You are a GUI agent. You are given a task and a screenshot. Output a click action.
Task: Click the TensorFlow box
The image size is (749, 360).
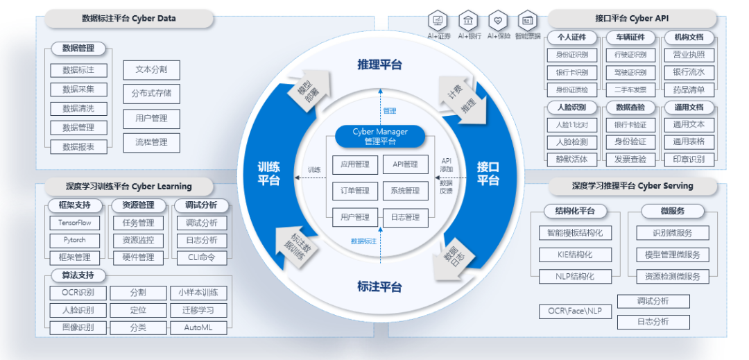[x=74, y=223]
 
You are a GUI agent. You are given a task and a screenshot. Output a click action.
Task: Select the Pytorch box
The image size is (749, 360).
[x=74, y=240]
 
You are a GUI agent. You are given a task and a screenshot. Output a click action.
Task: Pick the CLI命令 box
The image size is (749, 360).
[x=201, y=257]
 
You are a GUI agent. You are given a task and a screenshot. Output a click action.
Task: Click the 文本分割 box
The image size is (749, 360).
[x=151, y=70]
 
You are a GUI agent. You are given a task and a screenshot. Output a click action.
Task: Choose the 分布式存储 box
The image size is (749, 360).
[x=151, y=93]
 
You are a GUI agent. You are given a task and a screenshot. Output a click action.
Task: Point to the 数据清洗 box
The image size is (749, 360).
[x=78, y=109]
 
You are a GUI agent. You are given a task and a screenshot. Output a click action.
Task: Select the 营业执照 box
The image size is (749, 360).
[x=688, y=54]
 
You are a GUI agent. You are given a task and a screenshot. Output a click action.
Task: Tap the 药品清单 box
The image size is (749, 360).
[x=688, y=89]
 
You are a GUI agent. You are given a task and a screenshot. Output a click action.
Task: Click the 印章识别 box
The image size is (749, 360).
[x=688, y=159]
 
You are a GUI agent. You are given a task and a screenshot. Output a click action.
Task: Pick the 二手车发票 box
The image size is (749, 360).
[x=630, y=89]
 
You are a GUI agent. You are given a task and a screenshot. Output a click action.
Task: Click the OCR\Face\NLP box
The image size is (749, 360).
[x=575, y=311]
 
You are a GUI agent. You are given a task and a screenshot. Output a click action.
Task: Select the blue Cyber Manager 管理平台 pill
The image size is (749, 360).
[x=379, y=136]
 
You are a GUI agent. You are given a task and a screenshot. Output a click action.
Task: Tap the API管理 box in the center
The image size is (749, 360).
[x=405, y=165]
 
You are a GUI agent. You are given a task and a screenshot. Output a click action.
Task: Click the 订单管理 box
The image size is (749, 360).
[x=354, y=191]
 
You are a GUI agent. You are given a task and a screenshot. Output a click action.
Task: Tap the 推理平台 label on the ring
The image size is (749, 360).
[x=379, y=65]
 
